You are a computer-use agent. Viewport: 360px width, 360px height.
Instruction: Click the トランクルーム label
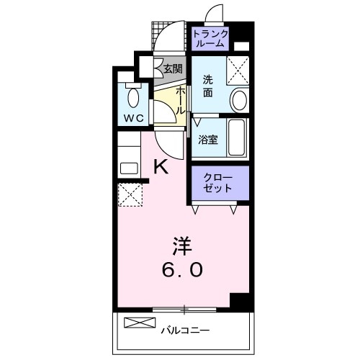point(210,38)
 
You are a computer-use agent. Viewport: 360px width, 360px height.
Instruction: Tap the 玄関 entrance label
point(172,69)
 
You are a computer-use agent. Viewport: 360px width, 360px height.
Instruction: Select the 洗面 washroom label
point(207,86)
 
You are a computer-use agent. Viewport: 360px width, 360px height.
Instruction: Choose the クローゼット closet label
point(217,183)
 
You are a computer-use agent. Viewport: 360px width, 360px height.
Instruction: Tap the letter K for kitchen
point(161,167)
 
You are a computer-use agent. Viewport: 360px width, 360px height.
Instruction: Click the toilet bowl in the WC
point(134,96)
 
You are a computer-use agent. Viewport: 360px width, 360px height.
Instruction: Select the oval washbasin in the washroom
point(239,99)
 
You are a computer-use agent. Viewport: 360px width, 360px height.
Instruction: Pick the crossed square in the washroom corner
point(238,69)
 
